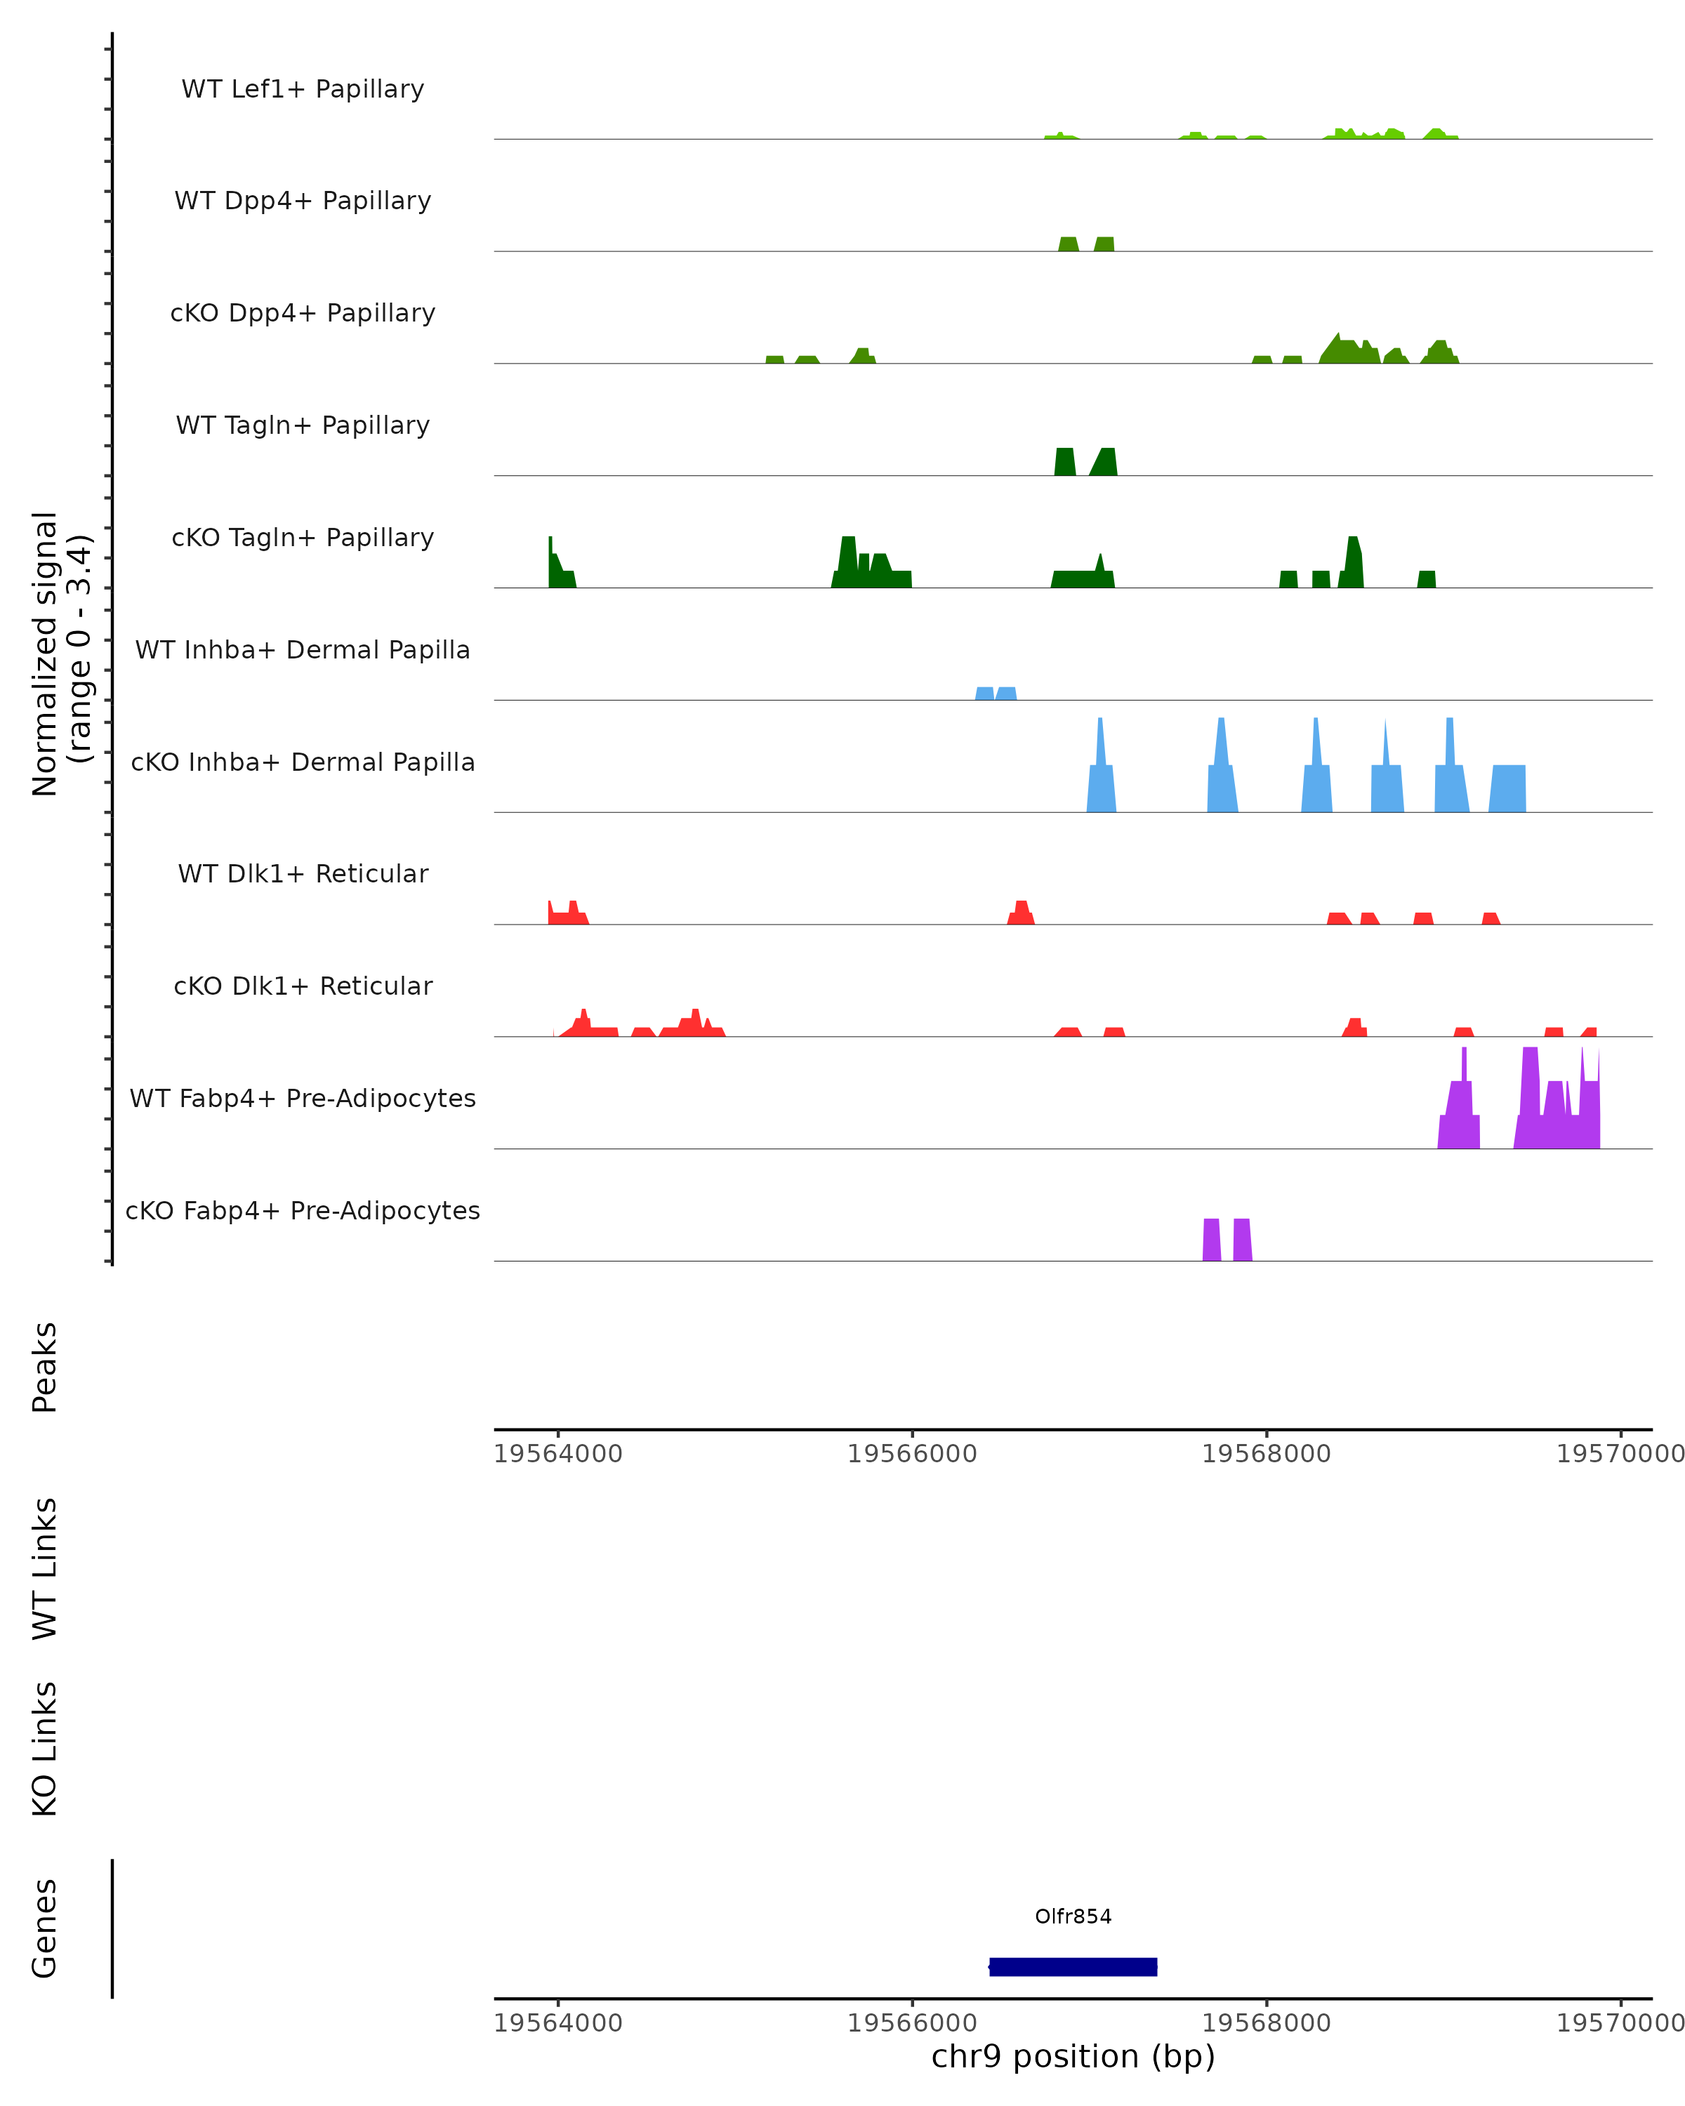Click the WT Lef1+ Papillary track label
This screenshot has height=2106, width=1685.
pyautogui.click(x=303, y=89)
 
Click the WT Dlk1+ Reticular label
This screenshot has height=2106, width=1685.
pyautogui.click(x=303, y=873)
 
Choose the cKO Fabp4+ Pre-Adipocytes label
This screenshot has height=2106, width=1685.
pyautogui.click(x=303, y=1210)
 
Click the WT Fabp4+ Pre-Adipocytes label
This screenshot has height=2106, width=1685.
pyautogui.click(x=303, y=1098)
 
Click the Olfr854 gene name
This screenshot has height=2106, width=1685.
pyautogui.click(x=1073, y=1916)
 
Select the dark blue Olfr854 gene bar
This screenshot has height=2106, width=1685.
pyautogui.click(x=1073, y=1966)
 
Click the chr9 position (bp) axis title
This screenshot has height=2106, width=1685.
pyautogui.click(x=1073, y=2056)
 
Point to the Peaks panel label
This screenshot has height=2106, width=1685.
pyautogui.click(x=45, y=1367)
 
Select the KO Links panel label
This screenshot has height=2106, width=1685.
pyautogui.click(x=45, y=1749)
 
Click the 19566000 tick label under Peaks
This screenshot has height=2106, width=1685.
pyautogui.click(x=911, y=1454)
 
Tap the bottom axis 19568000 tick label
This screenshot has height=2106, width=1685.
pyautogui.click(x=1266, y=2023)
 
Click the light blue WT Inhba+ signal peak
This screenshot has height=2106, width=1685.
pyautogui.click(x=996, y=694)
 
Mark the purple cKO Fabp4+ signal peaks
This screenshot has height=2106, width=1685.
pyautogui.click(x=1226, y=1240)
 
